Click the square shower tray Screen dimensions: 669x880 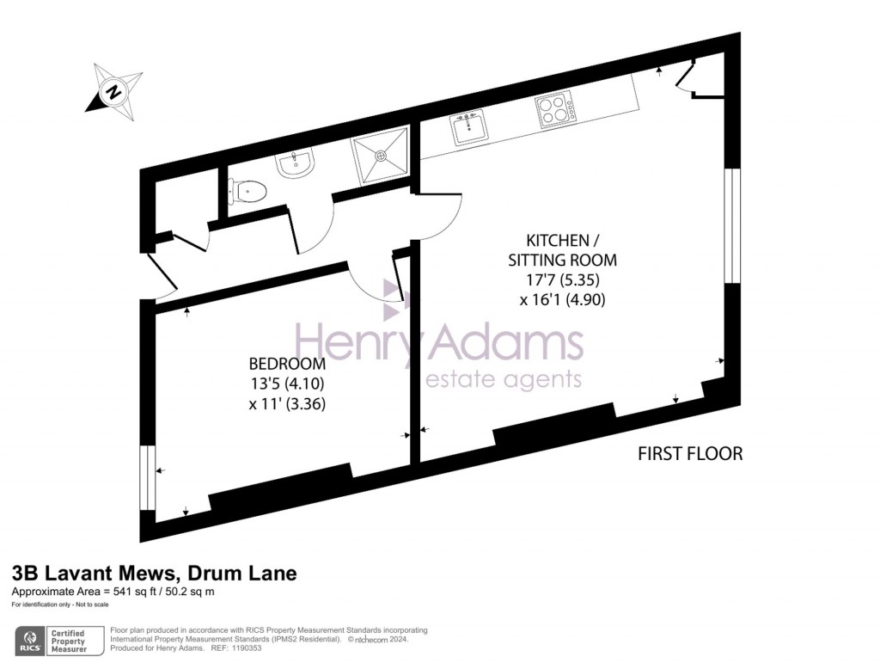point(379,156)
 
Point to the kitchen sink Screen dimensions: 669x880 point(470,128)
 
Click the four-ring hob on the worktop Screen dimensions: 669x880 point(555,110)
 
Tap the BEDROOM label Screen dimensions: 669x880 point(287,364)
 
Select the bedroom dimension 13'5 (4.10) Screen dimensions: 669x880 point(287,384)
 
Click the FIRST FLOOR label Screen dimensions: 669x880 point(689,453)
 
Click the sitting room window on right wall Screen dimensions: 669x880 point(730,225)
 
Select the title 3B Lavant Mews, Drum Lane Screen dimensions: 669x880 point(154,574)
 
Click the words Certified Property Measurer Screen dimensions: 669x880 point(72,641)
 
